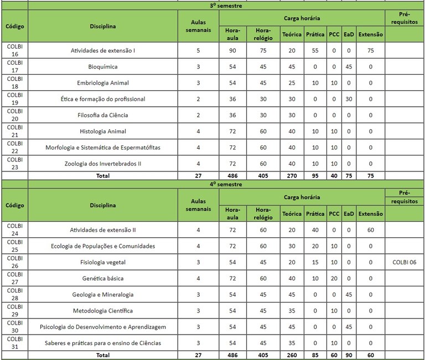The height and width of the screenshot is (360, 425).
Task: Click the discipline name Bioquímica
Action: pos(102,67)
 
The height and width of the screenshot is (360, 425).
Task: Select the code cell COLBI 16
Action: pos(14,50)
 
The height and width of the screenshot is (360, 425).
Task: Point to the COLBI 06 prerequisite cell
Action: pos(404,262)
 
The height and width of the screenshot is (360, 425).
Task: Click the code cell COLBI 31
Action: pos(14,343)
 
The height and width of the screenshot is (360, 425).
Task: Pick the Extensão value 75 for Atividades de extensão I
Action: pos(370,51)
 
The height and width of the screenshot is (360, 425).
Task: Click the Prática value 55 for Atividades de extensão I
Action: pos(315,51)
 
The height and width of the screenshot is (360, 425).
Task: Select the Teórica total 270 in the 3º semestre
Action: pos(292,176)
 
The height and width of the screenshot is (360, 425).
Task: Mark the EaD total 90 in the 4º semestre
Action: pos(348,355)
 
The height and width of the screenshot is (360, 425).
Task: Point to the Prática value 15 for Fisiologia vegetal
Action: pos(315,262)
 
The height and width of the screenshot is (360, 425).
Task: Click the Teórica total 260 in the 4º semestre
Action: pos(292,355)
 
